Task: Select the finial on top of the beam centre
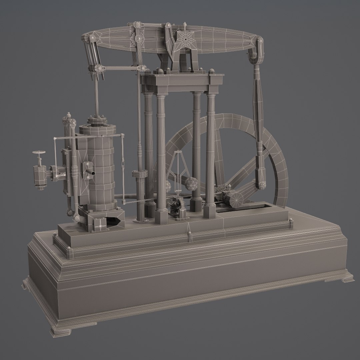click(x=185, y=25)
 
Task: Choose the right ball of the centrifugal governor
click(x=192, y=183)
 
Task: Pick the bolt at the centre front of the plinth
click(x=189, y=236)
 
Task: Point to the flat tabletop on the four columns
click(x=180, y=80)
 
